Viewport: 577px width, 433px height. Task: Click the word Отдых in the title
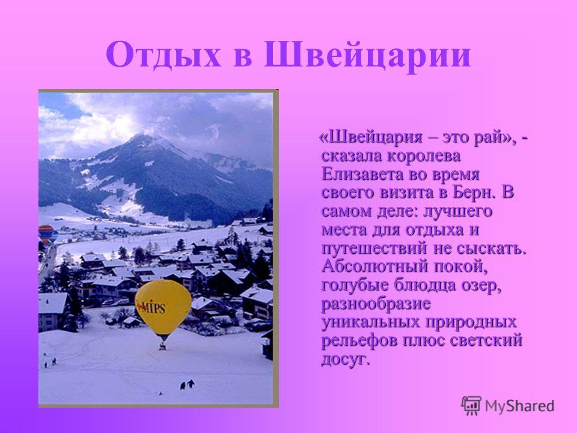[x=163, y=56]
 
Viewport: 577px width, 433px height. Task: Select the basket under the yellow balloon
[x=162, y=346]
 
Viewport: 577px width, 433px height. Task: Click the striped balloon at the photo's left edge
[x=46, y=234]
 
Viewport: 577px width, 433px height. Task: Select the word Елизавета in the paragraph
[x=363, y=174]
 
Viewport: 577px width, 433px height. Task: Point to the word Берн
[x=474, y=192]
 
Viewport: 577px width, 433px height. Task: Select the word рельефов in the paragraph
[x=359, y=340]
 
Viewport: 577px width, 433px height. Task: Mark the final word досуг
[x=345, y=359]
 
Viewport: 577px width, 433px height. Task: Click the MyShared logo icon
[x=471, y=406]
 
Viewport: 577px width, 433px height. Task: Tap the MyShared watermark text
[x=519, y=406]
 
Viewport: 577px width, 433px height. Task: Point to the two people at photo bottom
[x=188, y=385]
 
